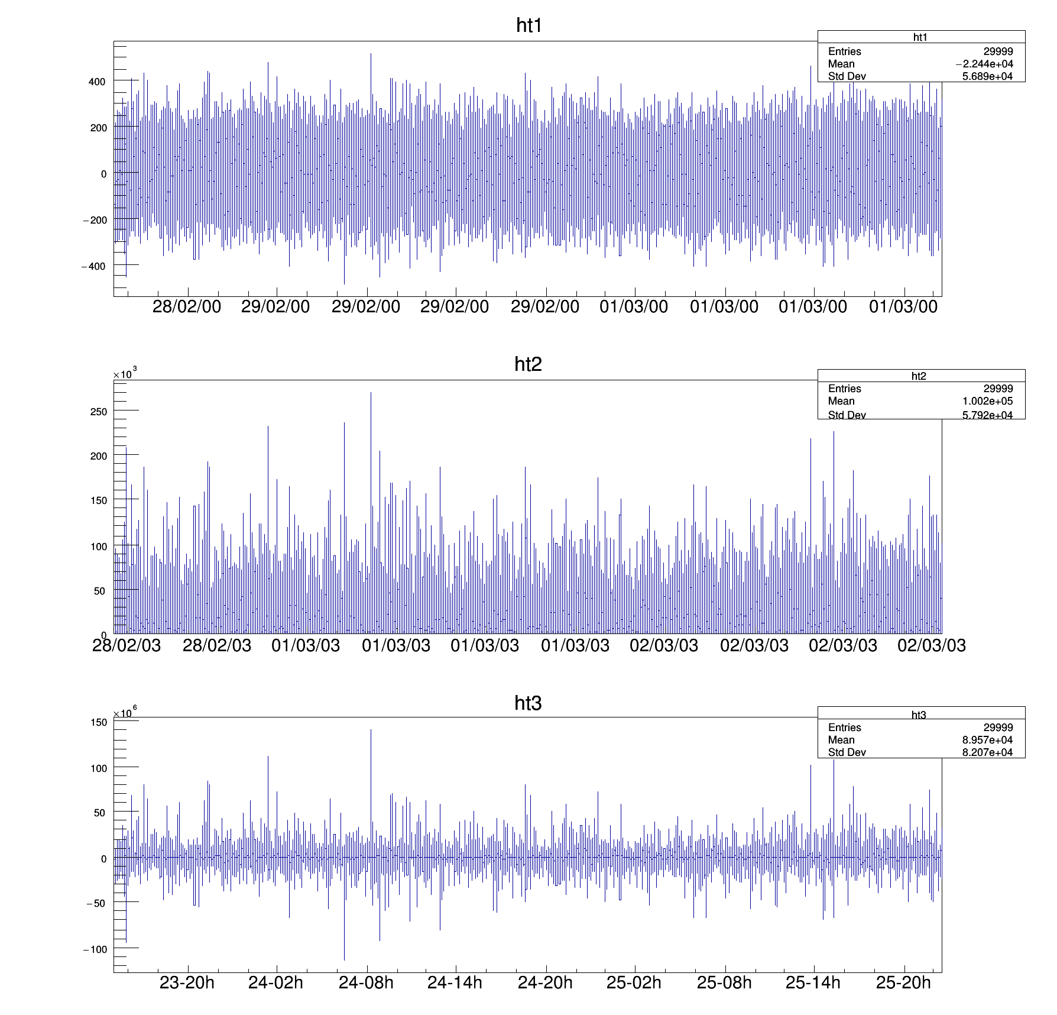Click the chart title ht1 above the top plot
[529, 25]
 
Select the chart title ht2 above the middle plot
[528, 364]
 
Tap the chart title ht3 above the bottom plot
[528, 703]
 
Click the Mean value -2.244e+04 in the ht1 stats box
[984, 64]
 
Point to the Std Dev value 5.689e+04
[987, 76]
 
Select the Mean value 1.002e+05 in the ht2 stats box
[987, 401]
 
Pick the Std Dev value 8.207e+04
[987, 752]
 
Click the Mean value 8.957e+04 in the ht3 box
[987, 740]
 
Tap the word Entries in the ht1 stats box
[844, 51]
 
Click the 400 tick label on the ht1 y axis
[97, 82]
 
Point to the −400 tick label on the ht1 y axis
[93, 266]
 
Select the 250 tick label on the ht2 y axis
[98, 412]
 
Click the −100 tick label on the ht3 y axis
[95, 949]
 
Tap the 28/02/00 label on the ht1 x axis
[187, 306]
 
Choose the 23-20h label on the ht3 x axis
[187, 982]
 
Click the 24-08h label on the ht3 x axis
[366, 982]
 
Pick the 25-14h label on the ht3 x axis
[813, 982]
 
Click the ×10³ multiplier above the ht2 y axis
[125, 374]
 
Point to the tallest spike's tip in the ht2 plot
[371, 392]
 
